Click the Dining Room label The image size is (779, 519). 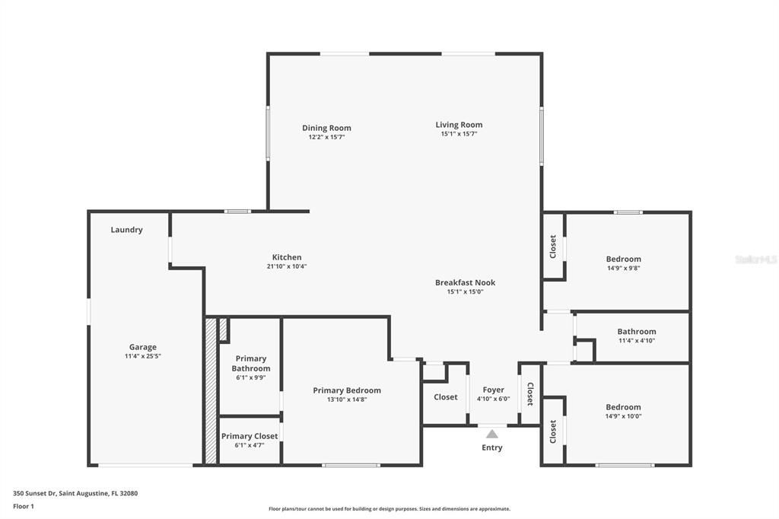[x=326, y=128]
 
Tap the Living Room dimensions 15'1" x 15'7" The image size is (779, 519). [x=459, y=134]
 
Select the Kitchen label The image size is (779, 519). [x=287, y=257]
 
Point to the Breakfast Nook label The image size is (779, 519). [x=465, y=282]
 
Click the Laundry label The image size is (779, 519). [x=126, y=230]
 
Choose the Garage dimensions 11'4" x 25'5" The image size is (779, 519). [x=142, y=356]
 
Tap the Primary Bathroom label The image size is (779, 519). [x=250, y=363]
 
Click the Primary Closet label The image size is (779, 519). [x=250, y=436]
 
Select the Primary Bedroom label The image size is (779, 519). [x=347, y=390]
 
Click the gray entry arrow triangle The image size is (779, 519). [x=492, y=434]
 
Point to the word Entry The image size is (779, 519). [x=492, y=447]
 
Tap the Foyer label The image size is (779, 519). [x=493, y=390]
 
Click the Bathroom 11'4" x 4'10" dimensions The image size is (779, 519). [x=636, y=341]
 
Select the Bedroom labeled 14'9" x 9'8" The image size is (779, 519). [x=623, y=259]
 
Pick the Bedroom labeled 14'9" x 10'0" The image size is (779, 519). [x=623, y=407]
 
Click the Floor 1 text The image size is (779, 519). [x=24, y=505]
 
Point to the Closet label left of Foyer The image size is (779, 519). [x=445, y=396]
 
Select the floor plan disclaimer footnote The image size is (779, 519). [x=389, y=509]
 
